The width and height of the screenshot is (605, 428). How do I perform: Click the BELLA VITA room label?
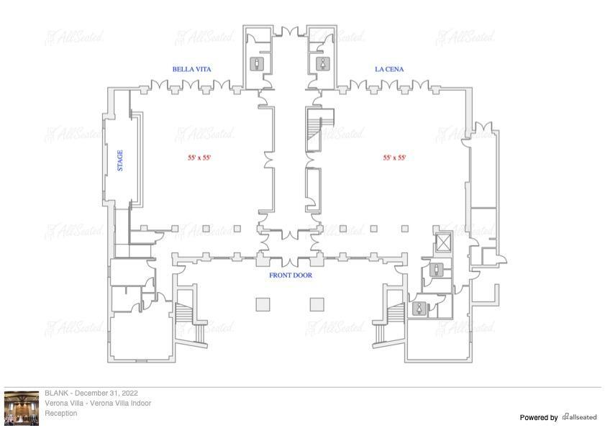[192, 70]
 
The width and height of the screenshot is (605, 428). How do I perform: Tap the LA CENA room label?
[389, 70]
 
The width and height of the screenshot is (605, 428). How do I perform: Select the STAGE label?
[120, 160]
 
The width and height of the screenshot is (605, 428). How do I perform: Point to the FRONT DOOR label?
[291, 276]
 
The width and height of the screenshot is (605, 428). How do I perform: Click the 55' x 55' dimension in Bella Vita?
[199, 158]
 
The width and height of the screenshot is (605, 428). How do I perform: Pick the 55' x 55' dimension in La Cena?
[394, 158]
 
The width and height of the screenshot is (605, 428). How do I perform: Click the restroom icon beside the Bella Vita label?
[257, 64]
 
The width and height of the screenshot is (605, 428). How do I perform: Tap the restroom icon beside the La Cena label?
[323, 64]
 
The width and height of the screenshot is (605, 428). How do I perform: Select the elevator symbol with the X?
[443, 243]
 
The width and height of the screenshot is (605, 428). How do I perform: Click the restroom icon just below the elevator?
[437, 270]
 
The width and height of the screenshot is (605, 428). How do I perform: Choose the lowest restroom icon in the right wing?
[419, 309]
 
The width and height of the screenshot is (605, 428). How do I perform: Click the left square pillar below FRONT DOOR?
[263, 304]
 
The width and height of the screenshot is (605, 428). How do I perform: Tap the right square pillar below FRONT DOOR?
[317, 304]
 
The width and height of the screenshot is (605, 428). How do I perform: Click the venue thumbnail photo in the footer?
[22, 409]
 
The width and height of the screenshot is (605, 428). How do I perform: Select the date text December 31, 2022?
[106, 393]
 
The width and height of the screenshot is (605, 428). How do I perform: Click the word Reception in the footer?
[61, 413]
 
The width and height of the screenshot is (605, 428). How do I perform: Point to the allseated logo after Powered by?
[580, 416]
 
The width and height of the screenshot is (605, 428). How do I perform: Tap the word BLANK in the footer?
[56, 393]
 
